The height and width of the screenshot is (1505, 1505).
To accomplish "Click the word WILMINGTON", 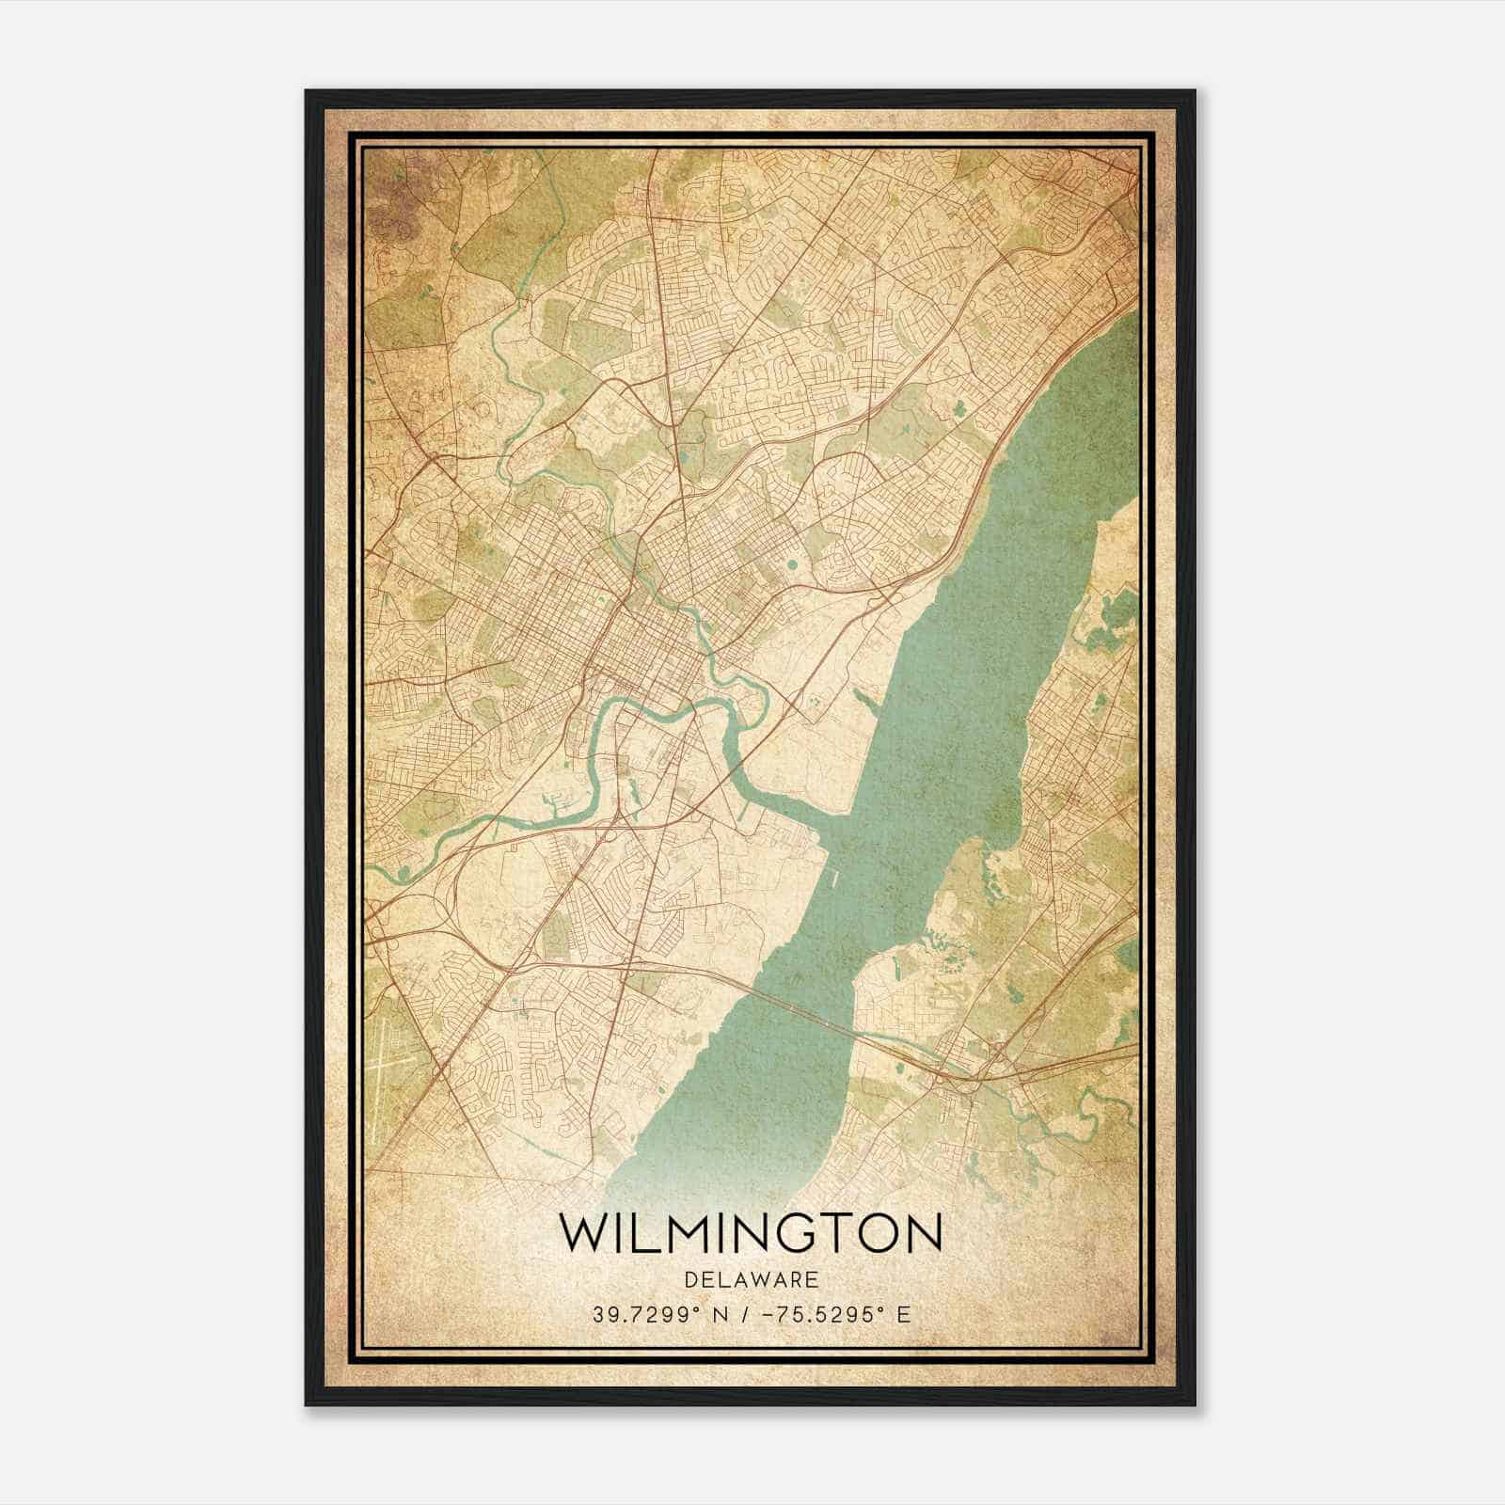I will tap(751, 1233).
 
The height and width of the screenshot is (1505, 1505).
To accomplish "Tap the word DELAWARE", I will tap(752, 1279).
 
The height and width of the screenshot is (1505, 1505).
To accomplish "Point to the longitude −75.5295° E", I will tap(827, 1315).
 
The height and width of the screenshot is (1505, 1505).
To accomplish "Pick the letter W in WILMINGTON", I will tap(584, 1233).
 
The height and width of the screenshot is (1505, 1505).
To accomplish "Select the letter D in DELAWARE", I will tap(692, 1279).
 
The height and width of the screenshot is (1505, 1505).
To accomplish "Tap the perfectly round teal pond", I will tap(790, 565).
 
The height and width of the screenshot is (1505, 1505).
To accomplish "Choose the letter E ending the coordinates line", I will tap(904, 1315).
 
